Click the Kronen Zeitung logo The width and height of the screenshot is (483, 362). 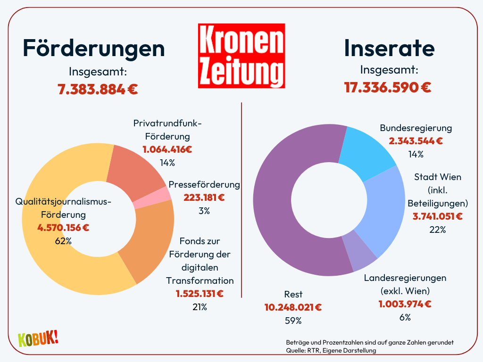241,56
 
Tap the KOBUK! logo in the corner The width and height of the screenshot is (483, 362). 38,338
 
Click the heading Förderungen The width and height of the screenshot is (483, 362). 94,48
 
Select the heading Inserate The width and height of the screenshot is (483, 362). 389,48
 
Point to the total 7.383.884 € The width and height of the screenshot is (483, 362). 98,89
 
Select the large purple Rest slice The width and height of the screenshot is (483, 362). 283,212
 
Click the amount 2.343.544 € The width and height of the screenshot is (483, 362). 416,141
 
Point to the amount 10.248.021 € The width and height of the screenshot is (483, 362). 293,307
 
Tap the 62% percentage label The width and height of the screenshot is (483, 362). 63,241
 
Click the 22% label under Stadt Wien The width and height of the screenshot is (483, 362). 437,230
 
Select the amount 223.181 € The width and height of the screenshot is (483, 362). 204,197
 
